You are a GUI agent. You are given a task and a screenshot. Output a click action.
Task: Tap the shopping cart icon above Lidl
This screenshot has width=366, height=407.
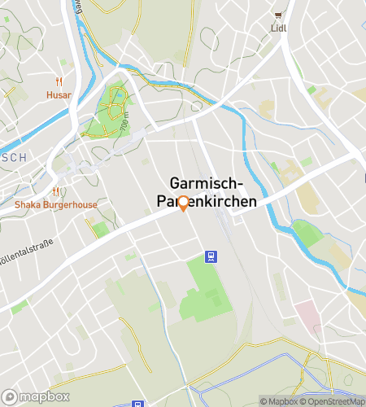click(x=280, y=15)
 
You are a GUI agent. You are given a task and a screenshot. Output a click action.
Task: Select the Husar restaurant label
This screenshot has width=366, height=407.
click(x=59, y=94)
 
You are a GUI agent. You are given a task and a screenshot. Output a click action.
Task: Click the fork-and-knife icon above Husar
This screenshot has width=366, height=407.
click(x=59, y=82)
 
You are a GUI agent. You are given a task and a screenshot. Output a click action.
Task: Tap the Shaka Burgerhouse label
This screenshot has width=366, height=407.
click(x=55, y=204)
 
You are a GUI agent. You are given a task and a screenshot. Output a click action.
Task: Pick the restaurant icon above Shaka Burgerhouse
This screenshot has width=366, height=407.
click(x=55, y=192)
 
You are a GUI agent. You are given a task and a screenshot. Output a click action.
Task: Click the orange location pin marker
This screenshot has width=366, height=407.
click(x=183, y=203)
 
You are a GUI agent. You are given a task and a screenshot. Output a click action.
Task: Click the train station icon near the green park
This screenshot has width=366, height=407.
click(x=211, y=257)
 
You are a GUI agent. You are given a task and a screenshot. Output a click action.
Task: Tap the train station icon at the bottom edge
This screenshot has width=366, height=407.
click(x=136, y=404)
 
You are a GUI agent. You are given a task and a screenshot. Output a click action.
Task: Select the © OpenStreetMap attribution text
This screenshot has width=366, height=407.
click(x=333, y=400)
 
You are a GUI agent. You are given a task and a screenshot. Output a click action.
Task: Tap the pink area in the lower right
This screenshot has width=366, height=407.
click(x=307, y=314)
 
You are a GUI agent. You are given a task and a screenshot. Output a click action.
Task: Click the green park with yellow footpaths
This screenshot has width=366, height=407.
click(x=111, y=110)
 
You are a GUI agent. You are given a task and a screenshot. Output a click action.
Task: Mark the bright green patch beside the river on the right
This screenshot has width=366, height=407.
click(x=307, y=234)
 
